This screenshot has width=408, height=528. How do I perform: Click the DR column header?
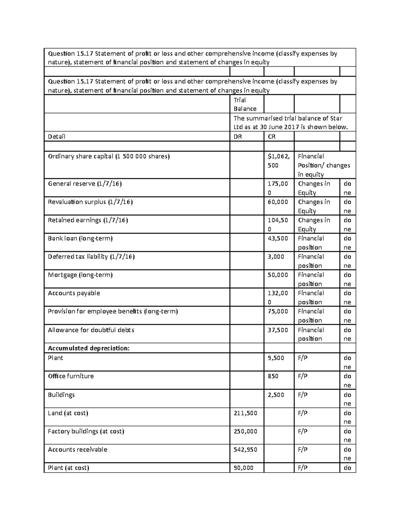238,137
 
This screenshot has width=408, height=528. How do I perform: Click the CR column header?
272,137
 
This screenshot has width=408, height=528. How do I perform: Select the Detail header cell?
56,137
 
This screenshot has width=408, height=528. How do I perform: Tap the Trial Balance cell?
245,104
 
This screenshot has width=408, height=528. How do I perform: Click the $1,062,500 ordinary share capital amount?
278,161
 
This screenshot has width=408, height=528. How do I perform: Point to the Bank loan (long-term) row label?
80,239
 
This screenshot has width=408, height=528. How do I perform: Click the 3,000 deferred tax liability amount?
276,257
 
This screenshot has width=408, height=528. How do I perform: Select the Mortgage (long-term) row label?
80,275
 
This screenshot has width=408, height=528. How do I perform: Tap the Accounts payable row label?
74,293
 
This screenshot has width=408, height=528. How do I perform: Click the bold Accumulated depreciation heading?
89,348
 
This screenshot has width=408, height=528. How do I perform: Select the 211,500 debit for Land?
245,413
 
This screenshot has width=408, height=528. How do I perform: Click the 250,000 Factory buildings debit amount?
245,431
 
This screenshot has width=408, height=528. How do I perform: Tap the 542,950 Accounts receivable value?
245,450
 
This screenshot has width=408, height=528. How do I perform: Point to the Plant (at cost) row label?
68,468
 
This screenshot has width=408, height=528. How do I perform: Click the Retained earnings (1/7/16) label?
88,220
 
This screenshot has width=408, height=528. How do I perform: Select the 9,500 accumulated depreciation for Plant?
276,358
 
